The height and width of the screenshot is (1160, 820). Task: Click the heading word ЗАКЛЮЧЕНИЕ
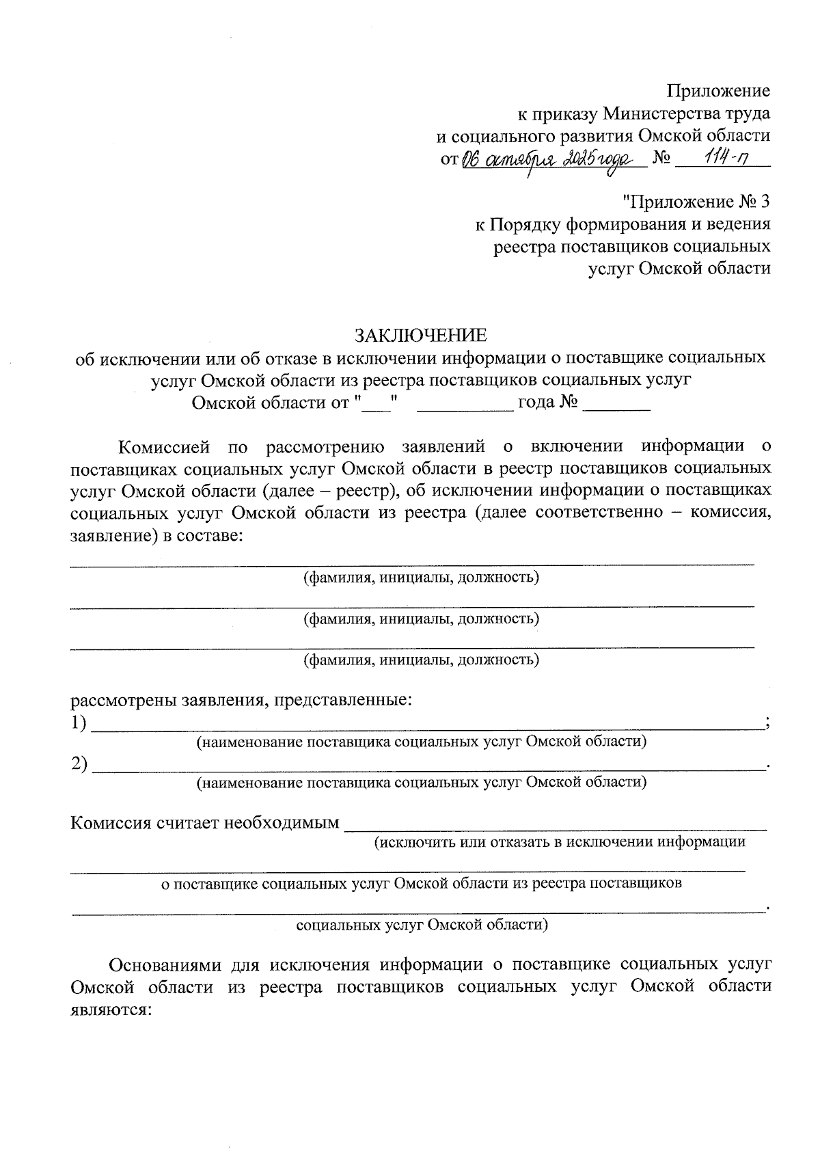tap(420, 335)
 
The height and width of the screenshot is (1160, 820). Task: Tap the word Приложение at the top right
tap(718, 91)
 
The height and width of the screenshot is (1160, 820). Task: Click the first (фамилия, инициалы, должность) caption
tap(421, 578)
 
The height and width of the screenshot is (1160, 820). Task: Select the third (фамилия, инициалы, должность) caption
tap(421, 660)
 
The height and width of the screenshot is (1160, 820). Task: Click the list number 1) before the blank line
tap(79, 723)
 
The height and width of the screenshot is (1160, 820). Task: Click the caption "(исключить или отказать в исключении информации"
tap(559, 842)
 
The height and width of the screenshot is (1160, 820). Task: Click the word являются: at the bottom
tap(110, 1010)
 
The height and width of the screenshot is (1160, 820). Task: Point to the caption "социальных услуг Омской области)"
tap(421, 926)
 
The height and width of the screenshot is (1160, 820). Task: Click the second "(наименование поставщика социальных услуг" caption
tap(421, 782)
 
